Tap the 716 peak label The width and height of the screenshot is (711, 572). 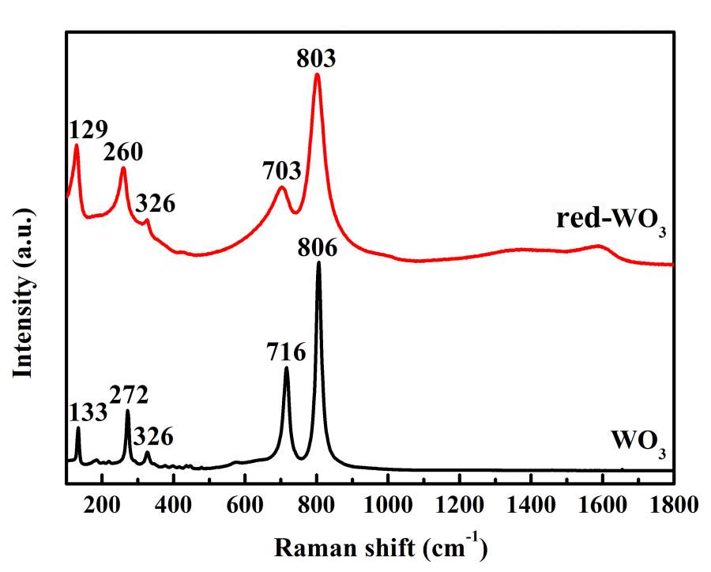click(284, 348)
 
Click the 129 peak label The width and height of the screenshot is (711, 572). click(88, 129)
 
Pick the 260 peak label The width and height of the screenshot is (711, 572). click(122, 152)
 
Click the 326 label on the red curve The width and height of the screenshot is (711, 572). click(155, 204)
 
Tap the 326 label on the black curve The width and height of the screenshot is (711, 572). click(153, 435)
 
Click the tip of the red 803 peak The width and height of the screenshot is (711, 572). click(317, 74)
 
